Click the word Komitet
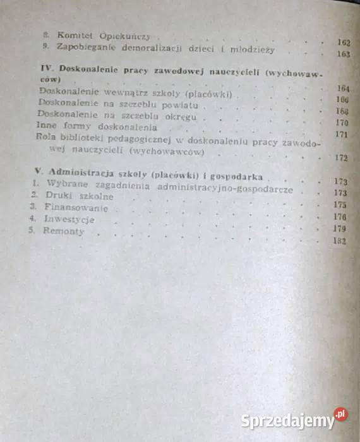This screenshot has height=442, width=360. pos(71,36)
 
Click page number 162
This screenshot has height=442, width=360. pos(344,42)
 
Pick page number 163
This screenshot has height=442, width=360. pos(344,54)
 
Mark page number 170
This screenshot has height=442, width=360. pos(342,122)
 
